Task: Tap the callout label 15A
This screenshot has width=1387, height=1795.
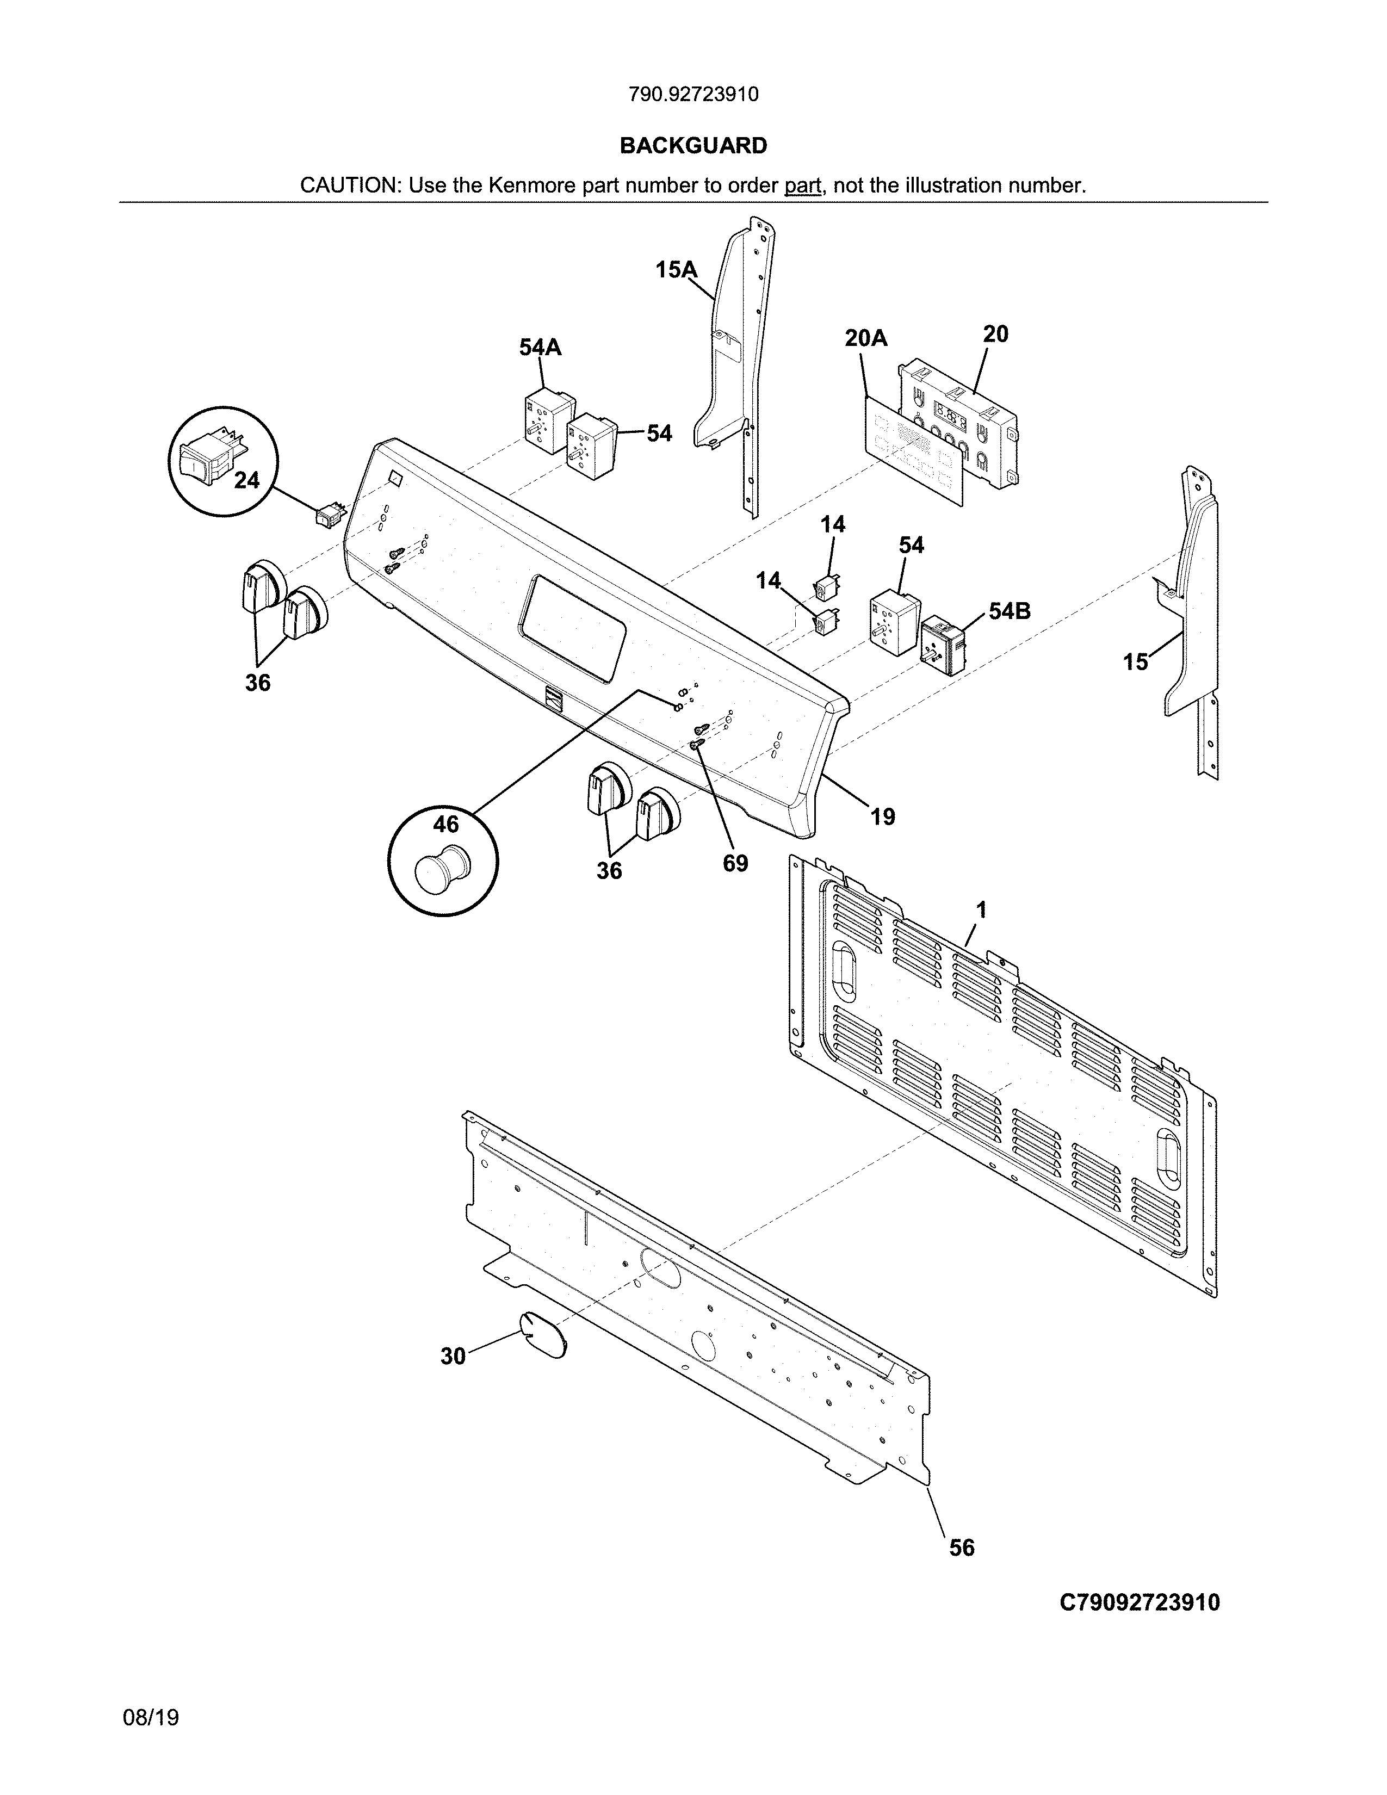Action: (676, 270)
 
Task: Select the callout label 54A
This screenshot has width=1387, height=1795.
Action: (540, 348)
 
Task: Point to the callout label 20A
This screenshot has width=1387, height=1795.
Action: (866, 338)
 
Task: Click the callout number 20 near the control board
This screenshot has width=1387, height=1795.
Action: (995, 333)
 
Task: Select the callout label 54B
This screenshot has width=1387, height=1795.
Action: (1009, 611)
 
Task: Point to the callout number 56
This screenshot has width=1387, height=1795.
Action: (961, 1548)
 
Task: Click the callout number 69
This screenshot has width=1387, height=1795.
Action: (735, 863)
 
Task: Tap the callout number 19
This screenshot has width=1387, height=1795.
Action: (882, 816)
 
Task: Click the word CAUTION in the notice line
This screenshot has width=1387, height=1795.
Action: (349, 185)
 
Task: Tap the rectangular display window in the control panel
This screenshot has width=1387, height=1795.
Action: (572, 628)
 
